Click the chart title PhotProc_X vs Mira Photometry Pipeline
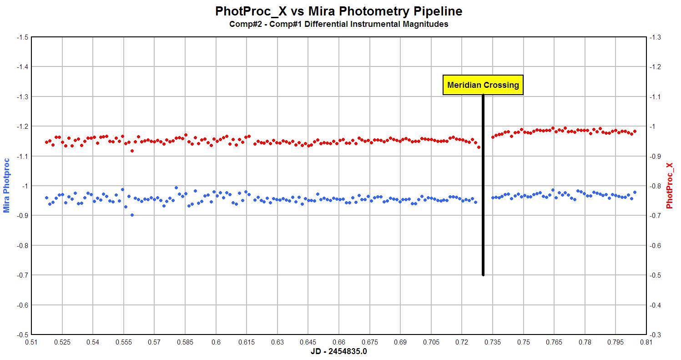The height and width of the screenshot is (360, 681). click(339, 11)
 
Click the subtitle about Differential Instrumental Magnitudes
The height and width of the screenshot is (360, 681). click(339, 25)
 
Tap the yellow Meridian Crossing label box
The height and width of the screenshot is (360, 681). click(483, 85)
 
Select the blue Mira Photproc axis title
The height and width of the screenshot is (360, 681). click(7, 185)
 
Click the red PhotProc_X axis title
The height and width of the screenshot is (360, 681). click(669, 185)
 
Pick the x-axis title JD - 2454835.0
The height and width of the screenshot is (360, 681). click(339, 352)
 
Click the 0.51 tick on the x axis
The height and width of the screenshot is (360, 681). click(31, 342)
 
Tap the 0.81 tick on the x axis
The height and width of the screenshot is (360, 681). click(646, 342)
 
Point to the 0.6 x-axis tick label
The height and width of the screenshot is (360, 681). click(216, 342)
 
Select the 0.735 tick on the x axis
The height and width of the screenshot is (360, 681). click(493, 342)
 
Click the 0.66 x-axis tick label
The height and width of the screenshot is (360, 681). click(339, 342)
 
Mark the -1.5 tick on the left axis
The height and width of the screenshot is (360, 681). click(21, 37)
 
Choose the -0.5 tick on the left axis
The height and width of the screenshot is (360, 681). click(21, 335)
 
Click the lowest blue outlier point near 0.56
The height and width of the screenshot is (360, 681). click(132, 215)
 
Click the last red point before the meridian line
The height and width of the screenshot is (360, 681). click(479, 147)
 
